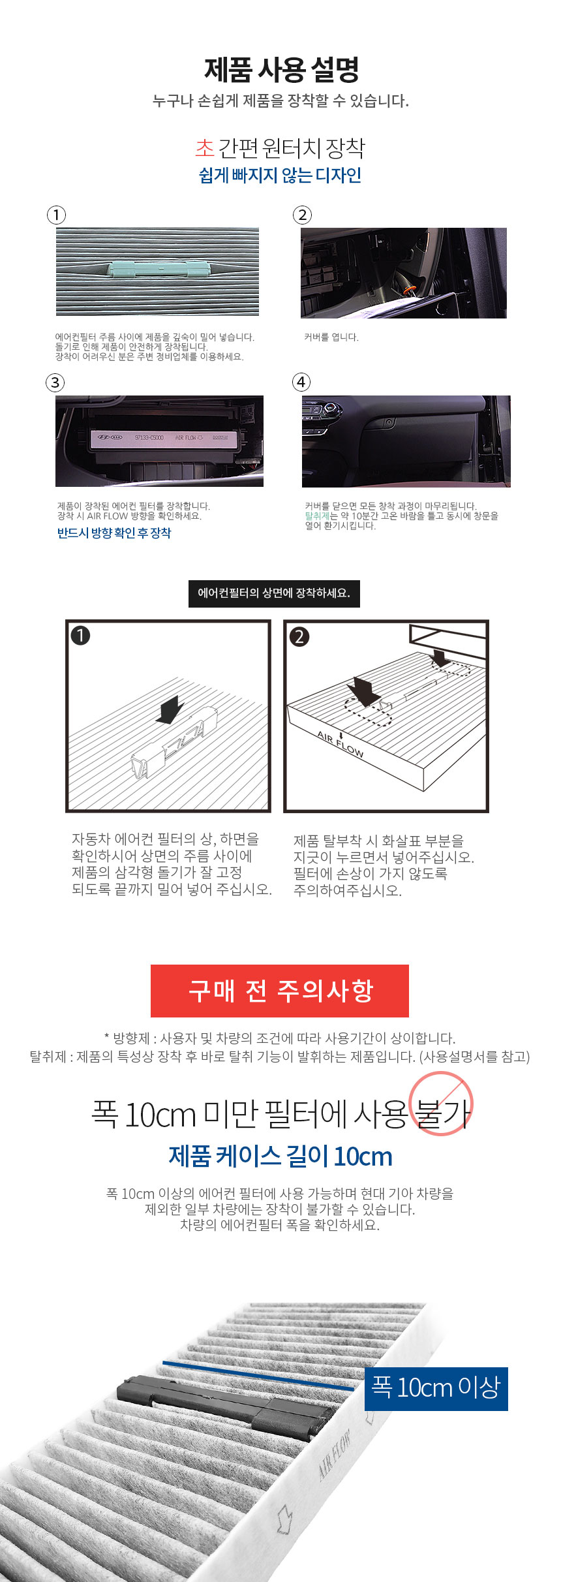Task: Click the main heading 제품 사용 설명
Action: coord(281,70)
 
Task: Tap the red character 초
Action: coord(205,148)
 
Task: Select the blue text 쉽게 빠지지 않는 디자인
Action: coord(280,176)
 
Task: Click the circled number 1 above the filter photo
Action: coord(57,215)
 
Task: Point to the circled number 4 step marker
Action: coord(301,382)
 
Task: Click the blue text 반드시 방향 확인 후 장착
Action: coord(114,533)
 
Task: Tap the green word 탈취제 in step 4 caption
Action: coord(317,516)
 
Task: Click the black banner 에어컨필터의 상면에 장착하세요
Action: coord(274,593)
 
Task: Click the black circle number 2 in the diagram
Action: coord(299,636)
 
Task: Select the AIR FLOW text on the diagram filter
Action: coord(340,744)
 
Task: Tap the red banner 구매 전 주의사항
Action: coord(280,991)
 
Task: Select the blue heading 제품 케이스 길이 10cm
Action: coord(280,1156)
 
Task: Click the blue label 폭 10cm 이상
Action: coord(436,1389)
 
